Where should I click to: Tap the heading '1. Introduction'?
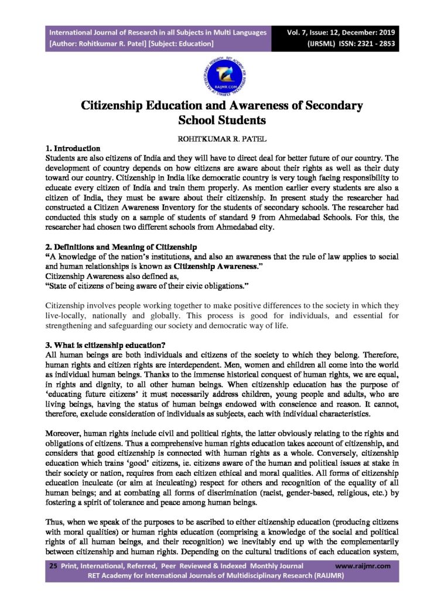[x=73, y=148]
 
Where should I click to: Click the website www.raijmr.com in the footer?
[x=358, y=567]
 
